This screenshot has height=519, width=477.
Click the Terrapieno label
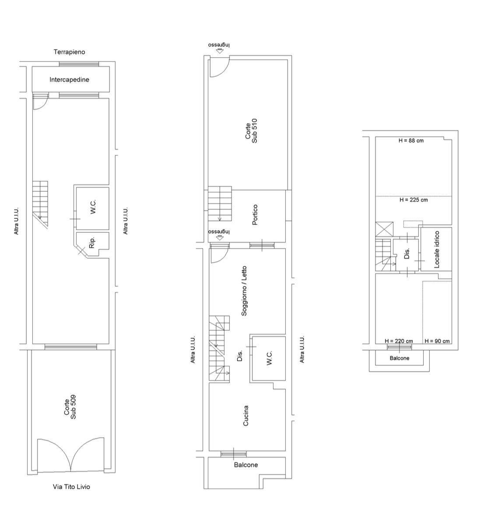(x=70, y=52)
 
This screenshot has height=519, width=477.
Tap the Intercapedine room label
(x=70, y=79)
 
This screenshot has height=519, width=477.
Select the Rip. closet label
(x=92, y=242)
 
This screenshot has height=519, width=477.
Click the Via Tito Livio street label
(x=71, y=487)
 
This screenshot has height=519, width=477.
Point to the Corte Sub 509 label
(x=70, y=407)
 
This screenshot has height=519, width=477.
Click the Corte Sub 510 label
(x=251, y=131)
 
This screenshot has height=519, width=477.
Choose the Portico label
(x=255, y=215)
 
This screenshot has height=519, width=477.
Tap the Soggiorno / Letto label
(x=244, y=291)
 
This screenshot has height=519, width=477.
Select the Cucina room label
(x=246, y=416)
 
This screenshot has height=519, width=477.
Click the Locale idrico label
(x=437, y=249)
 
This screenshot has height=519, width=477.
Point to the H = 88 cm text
(x=411, y=140)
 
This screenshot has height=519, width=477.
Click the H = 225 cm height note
(x=414, y=200)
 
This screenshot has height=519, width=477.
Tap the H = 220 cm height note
(x=399, y=341)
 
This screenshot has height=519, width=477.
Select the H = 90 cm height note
(x=437, y=341)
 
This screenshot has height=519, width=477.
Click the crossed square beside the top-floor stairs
(x=384, y=229)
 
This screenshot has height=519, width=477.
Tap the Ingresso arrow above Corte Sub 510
(x=219, y=51)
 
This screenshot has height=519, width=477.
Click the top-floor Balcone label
(x=400, y=358)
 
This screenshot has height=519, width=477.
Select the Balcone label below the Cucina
(x=246, y=465)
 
